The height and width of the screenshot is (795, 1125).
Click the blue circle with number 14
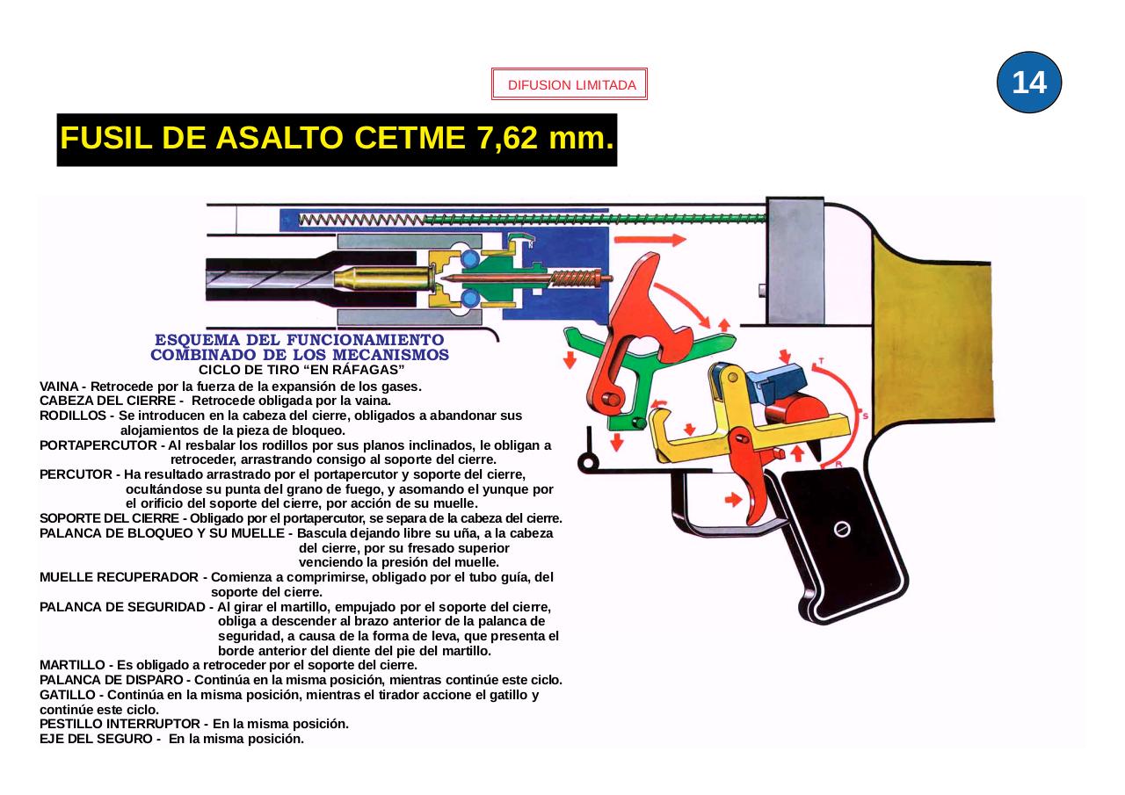(x=1029, y=83)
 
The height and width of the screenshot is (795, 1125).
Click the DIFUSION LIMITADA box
(x=570, y=85)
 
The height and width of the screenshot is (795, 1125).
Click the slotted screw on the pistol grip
(x=841, y=528)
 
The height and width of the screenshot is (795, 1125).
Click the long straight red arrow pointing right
(x=650, y=239)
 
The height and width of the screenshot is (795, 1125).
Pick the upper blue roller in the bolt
(x=470, y=258)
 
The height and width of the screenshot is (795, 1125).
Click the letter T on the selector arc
(x=820, y=361)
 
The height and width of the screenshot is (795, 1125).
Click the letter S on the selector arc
(x=865, y=416)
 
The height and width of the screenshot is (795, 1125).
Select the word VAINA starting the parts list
(x=59, y=387)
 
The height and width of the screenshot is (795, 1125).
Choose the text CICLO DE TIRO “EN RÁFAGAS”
(x=301, y=369)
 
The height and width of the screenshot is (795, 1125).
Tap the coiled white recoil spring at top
(x=360, y=220)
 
